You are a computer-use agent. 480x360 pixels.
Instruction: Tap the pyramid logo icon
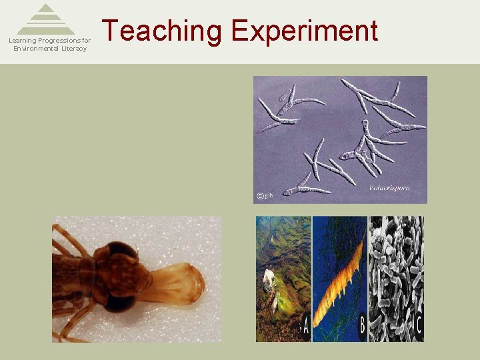tap(46, 20)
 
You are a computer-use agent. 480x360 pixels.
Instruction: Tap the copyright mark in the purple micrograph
tap(260, 195)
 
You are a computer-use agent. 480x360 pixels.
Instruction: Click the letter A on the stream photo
tap(305, 327)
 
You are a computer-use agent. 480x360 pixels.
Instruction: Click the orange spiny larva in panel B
tap(339, 280)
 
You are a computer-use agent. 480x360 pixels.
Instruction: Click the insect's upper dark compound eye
tap(120, 253)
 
